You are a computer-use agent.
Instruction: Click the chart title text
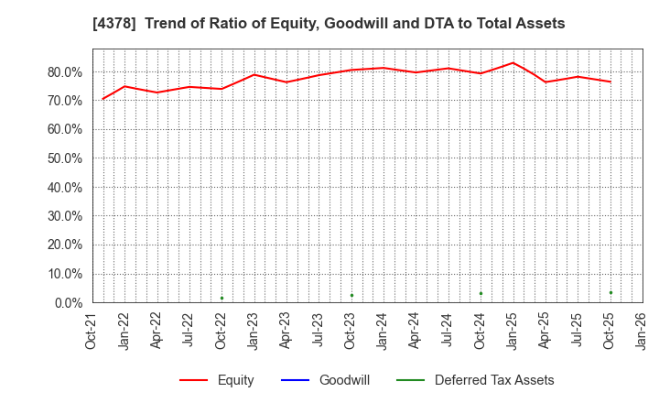coord(329,24)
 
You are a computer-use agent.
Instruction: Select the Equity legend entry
coord(217,380)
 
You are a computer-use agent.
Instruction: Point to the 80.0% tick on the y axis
coord(64,71)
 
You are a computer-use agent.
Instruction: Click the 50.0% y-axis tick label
coord(64,158)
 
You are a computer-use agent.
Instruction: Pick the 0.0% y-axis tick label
coord(68,302)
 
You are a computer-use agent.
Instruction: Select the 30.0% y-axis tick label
coord(64,216)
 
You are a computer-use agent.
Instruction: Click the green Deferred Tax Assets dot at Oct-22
coord(221,298)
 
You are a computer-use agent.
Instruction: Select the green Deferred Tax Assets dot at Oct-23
coord(351,295)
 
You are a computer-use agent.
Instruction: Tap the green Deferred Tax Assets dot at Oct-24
coord(481,293)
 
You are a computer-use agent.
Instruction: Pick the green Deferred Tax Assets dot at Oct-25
coord(610,292)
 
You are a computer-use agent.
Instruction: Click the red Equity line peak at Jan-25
coord(513,63)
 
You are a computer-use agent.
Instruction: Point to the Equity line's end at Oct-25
coord(610,82)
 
